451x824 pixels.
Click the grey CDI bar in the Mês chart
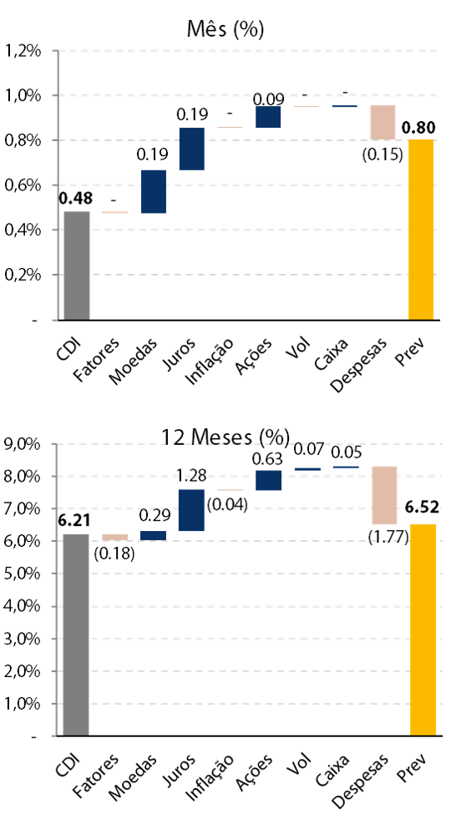[77, 265]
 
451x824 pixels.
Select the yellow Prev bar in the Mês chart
[421, 230]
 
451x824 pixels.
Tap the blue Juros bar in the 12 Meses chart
[191, 510]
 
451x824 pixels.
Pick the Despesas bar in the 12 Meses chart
[384, 495]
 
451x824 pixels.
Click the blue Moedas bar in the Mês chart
[154, 192]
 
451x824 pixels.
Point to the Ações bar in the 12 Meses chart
[269, 480]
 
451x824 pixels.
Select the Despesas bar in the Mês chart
[383, 123]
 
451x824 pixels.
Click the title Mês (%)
[225, 29]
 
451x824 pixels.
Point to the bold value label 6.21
[74, 520]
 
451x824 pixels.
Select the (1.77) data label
[388, 538]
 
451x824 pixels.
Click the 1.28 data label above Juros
[192, 477]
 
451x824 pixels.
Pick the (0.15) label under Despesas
[383, 155]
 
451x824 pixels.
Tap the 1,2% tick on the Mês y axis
[23, 52]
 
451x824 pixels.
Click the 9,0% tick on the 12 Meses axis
[23, 445]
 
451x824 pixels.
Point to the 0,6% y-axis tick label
[23, 186]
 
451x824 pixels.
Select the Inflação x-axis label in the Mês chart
[210, 361]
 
